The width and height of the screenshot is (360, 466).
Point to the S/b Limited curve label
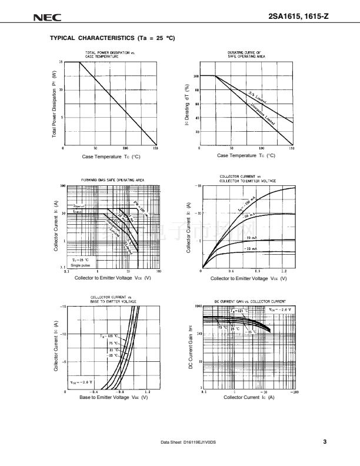point(258,98)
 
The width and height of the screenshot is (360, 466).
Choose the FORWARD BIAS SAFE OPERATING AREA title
point(112,180)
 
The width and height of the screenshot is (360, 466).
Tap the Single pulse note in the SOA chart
point(81,264)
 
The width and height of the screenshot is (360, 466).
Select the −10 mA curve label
point(249,250)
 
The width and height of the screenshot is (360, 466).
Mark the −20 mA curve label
point(249,237)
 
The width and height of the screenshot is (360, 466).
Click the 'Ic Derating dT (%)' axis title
point(186,104)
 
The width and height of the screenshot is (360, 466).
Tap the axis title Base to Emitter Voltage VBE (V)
point(113,398)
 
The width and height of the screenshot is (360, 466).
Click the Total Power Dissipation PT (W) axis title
point(54,104)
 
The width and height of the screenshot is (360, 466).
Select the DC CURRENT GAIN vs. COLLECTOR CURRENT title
point(249,301)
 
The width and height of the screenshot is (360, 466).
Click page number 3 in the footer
point(324,442)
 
